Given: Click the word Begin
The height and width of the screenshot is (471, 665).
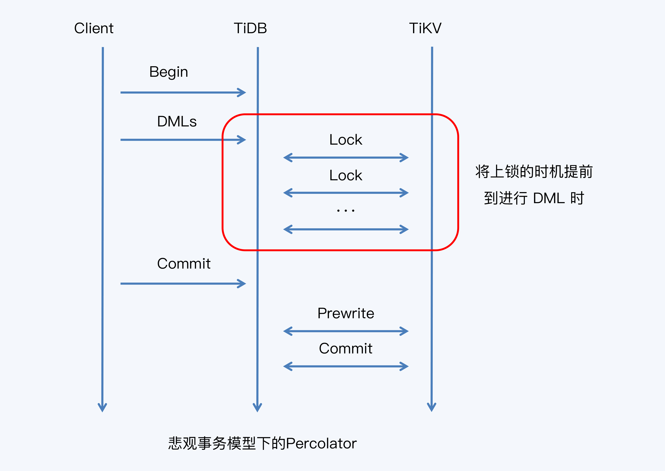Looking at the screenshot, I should pos(168,72).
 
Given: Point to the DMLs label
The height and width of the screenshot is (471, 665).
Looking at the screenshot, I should pos(177,122).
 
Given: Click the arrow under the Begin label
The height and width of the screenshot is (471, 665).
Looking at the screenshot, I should pos(183,92).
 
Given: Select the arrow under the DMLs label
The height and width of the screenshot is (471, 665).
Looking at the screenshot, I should pos(183,140).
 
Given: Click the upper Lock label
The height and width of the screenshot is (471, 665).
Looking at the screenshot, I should pos(346,140).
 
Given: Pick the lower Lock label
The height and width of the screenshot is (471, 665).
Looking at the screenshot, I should pos(346,175).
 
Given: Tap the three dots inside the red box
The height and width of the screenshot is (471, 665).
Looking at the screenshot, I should pos(346,211).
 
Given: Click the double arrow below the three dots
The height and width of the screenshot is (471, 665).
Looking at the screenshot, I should pos(346,229).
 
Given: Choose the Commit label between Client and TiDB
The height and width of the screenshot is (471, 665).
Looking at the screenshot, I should pos(183,264).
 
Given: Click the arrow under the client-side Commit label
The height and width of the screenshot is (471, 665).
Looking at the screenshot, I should pos(183,284).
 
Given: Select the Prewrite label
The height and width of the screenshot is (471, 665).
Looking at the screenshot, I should pos(346,314).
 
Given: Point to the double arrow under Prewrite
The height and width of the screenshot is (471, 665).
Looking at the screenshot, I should pos(346,331).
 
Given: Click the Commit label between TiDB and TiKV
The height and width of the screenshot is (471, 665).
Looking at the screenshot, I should pos(346,349).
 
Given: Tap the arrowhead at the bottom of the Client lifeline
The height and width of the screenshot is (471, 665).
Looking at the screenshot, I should pos(102,407).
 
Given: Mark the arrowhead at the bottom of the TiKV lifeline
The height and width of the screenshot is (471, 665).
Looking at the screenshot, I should pos(432,407).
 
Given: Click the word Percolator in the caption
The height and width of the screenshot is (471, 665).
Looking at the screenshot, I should pos(321,443).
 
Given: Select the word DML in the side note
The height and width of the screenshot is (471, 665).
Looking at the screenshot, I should pos(549,198).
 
